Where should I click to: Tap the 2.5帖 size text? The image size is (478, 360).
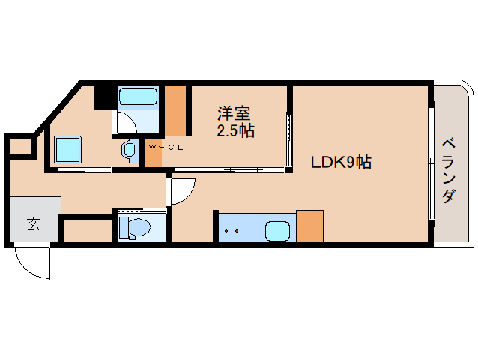point(235,131)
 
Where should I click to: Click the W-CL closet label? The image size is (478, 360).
point(166,147)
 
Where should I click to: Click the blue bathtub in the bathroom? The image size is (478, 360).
point(139,97)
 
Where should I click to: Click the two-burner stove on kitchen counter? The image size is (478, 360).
point(232,229)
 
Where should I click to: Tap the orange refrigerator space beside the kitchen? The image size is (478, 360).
point(309,226)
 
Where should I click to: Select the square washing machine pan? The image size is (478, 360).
point(67,150)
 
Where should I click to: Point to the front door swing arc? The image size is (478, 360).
point(32,263)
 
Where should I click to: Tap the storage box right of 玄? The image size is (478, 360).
point(85,231)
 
